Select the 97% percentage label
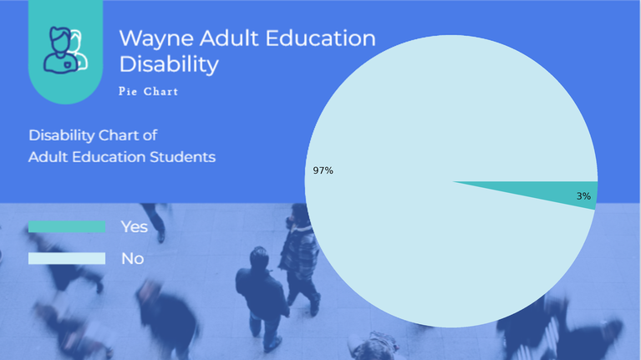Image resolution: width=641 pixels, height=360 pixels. point(323,170)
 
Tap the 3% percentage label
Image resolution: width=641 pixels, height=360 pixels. point(583,196)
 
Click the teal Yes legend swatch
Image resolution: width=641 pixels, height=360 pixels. point(67,227)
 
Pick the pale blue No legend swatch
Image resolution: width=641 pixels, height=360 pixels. point(67,258)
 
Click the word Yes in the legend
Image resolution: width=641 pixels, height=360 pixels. point(134,227)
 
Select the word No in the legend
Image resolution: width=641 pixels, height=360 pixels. point(132,259)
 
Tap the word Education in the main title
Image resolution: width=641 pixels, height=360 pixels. point(321,38)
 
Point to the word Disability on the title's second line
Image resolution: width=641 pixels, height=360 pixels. point(169,64)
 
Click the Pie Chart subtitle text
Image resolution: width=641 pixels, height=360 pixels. point(149,91)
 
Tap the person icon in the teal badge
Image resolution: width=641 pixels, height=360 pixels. point(65,50)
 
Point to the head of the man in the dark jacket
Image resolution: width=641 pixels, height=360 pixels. point(259,257)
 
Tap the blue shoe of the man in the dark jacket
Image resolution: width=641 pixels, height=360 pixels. point(273,344)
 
